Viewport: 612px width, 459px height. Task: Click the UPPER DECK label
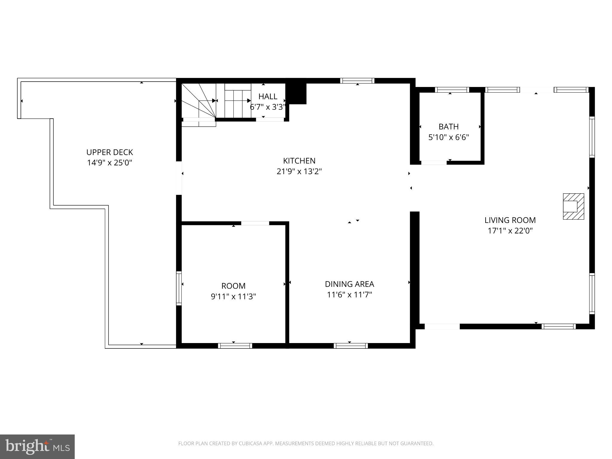point(109,152)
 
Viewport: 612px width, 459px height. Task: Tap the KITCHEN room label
point(299,161)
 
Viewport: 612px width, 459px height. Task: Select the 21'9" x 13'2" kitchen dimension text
point(299,172)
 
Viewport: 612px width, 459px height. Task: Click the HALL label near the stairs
point(268,97)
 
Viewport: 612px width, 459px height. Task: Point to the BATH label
point(449,127)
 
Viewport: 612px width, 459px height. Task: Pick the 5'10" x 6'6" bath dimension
point(449,137)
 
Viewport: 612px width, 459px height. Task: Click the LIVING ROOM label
point(510,220)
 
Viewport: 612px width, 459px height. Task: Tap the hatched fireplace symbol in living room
point(573,206)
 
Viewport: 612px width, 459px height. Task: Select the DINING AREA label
point(349,284)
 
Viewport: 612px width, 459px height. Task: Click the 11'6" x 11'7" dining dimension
point(349,295)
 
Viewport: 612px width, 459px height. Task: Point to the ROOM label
point(233,286)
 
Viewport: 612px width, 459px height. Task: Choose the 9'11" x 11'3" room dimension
point(233,297)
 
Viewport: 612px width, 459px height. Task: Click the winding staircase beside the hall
point(199,101)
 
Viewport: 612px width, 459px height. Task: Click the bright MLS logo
point(37,446)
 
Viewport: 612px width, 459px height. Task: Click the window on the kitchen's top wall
point(357,81)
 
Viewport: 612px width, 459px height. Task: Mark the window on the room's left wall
point(179,288)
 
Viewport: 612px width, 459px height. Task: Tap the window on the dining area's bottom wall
point(351,346)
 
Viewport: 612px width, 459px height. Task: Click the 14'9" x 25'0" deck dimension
point(109,163)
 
